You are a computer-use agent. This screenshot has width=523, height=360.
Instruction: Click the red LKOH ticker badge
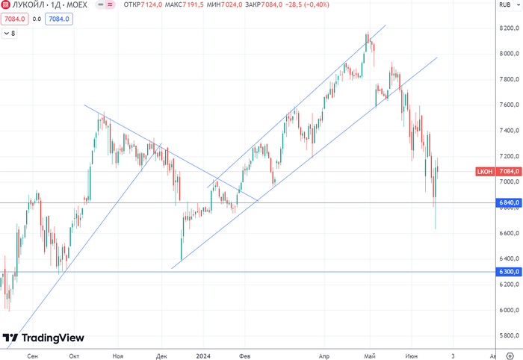(x=484, y=172)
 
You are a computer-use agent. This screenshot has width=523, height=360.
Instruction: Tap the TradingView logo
(x=43, y=338)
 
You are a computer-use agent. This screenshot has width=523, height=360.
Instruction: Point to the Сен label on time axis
(x=31, y=357)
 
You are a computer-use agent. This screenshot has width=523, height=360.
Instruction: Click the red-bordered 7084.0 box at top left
(x=15, y=19)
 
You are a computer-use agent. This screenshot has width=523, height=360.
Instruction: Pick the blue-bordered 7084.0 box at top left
(x=58, y=19)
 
